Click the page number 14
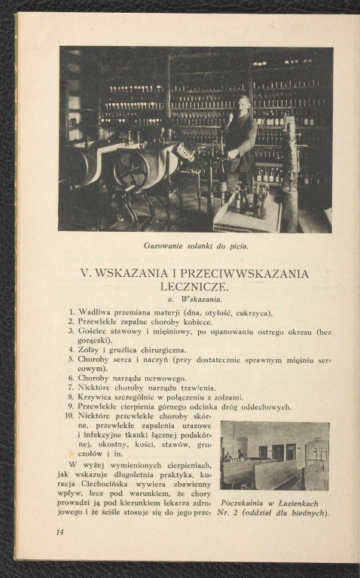[x=59, y=531]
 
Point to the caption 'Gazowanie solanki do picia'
[x=196, y=246]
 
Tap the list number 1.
[x=71, y=312]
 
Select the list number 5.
[x=71, y=360]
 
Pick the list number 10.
[x=69, y=415]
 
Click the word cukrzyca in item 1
[x=252, y=312]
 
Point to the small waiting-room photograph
[x=274, y=455]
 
